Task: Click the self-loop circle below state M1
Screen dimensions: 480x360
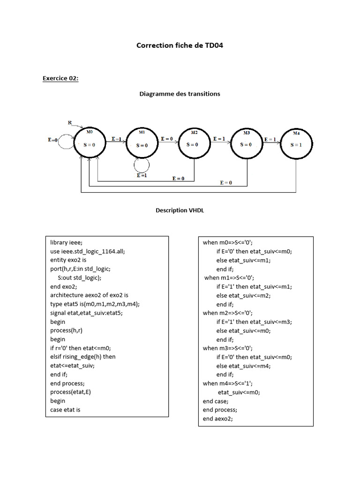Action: tap(141, 165)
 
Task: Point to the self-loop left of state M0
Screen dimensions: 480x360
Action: tap(66, 140)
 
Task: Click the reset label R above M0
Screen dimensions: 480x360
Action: tap(70, 123)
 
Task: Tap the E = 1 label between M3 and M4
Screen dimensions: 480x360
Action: tap(270, 139)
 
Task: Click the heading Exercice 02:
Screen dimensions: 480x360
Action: tap(60, 78)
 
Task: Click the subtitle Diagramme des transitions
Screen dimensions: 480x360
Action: tap(180, 94)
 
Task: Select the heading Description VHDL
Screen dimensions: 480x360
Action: tap(180, 210)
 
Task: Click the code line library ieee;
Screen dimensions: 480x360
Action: tap(66, 242)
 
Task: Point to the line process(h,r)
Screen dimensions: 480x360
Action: tap(67, 330)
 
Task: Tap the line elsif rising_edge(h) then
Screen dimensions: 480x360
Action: tap(83, 357)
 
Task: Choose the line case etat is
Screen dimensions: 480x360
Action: tap(65, 410)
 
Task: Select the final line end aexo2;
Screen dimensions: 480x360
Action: tap(217, 419)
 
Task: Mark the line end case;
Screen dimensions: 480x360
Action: tap(216, 401)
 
